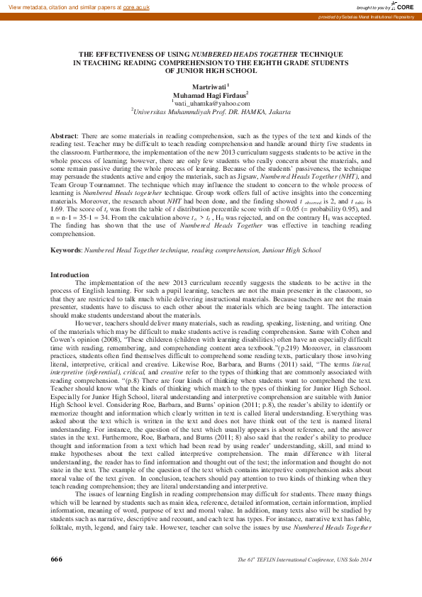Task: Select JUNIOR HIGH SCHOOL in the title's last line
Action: (x=211, y=70)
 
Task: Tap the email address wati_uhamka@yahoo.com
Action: (x=211, y=103)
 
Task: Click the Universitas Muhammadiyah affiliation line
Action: (x=211, y=111)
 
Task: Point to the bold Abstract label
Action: (x=65, y=135)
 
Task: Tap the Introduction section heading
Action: (x=70, y=274)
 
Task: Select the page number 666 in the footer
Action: (x=57, y=579)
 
